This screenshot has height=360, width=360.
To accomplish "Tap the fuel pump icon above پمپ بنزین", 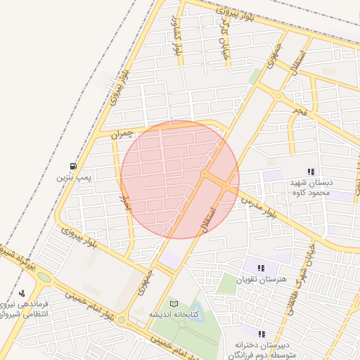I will tap(73, 167).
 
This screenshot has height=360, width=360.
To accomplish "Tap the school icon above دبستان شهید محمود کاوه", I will tap(311, 172).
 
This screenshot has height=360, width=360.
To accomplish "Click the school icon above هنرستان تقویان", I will tap(261, 268).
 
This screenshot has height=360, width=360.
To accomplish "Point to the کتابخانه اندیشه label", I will tap(174, 314).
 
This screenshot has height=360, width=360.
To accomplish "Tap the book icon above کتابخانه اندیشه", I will tap(174, 303).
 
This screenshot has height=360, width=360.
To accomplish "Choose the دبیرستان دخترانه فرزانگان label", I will tap(263, 348).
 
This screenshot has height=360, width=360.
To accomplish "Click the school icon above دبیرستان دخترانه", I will tap(262, 334).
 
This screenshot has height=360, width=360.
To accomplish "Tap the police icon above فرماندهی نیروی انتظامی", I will tap(22, 293).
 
